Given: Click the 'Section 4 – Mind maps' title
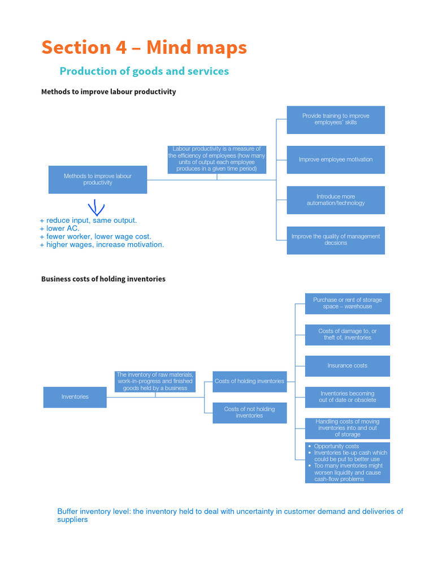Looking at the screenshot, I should point(144,47).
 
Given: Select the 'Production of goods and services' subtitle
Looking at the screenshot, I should point(144,71).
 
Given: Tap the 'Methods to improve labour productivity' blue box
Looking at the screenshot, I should point(98,179).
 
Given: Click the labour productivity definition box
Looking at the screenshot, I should point(216,159).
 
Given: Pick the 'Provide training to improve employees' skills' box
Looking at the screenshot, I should point(336,119).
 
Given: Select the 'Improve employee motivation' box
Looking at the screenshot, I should point(336,159).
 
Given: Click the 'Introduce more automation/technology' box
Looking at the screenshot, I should point(336,200).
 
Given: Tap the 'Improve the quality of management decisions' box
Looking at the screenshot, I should point(336,240).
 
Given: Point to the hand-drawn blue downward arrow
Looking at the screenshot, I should point(96,207).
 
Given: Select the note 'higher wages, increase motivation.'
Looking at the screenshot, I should point(102,245).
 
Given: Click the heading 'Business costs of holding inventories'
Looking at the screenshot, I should point(103,279).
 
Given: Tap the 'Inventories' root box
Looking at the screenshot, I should point(75,397).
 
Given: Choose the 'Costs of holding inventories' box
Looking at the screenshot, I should point(249,381).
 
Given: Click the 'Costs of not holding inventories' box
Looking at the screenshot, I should point(249,413).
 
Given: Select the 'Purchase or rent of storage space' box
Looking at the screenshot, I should point(348,303).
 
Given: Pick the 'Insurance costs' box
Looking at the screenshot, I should point(348,366).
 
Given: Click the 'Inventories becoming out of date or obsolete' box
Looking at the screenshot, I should point(348,397).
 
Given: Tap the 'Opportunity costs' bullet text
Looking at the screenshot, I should point(336,446).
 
